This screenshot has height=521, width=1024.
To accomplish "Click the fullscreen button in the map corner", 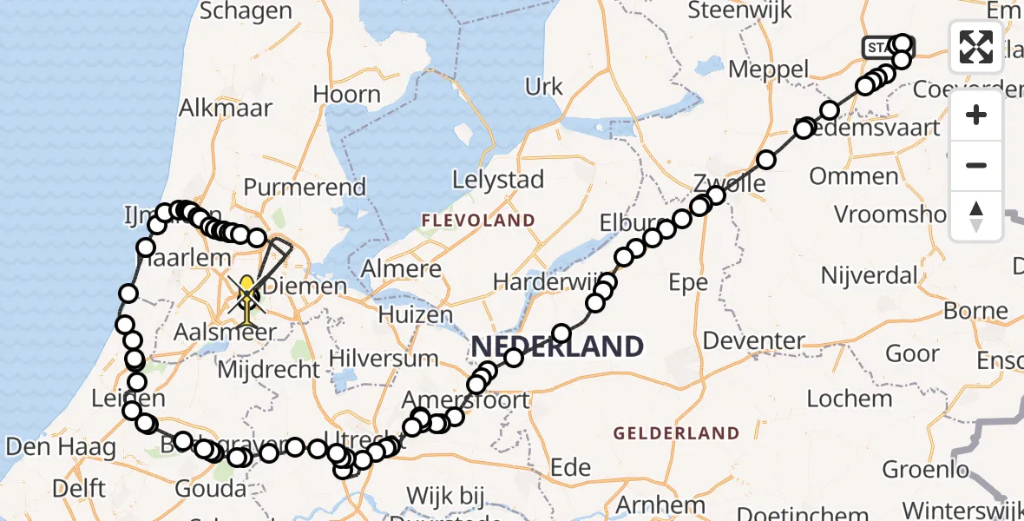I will pos(976,47).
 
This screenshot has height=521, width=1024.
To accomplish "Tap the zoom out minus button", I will pos(976,166).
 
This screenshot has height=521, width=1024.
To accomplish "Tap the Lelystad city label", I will pos(498,181).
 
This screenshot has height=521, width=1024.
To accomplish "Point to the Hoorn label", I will pos(346,95).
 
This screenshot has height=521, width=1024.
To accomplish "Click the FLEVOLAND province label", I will pos(477,221).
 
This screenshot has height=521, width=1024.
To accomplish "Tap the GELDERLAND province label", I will pos(676,432).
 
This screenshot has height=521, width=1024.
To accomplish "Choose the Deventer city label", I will pos(753,340).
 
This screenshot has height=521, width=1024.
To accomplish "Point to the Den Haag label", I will pos(60,448).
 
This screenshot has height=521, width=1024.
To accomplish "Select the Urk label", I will pos(544,87).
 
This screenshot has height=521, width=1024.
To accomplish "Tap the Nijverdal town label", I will pos(869,276).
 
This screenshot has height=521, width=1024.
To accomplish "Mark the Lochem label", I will pos(850,399).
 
